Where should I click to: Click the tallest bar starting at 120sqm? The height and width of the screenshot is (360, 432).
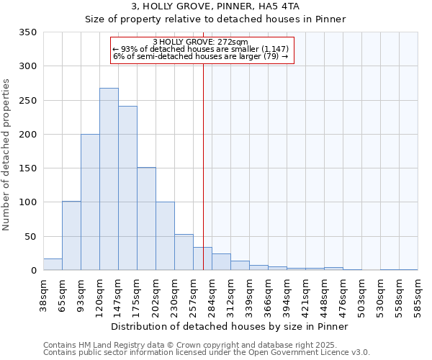[109, 179]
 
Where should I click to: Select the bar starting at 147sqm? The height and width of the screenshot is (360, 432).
[127, 188]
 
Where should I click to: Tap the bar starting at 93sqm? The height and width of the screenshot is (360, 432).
[90, 202]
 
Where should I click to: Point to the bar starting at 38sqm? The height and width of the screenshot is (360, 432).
[53, 264]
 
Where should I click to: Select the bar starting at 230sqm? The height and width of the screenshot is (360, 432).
[184, 252]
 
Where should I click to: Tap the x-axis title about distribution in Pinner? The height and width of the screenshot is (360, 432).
[230, 326]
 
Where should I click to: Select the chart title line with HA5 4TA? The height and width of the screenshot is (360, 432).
[215, 6]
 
